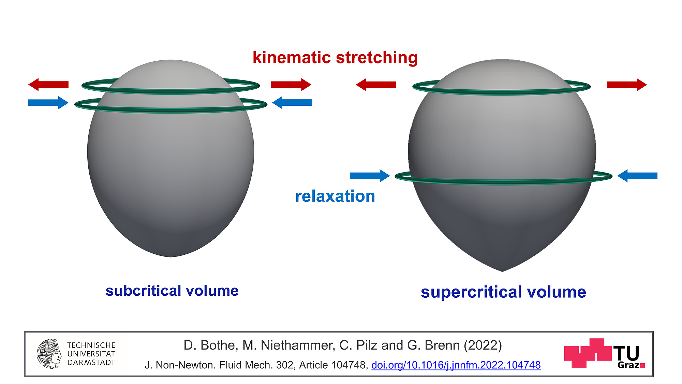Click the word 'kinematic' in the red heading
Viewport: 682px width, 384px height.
(292, 57)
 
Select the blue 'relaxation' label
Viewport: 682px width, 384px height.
(335, 196)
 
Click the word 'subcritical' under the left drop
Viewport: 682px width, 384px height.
(143, 291)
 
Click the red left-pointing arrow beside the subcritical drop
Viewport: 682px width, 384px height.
(48, 85)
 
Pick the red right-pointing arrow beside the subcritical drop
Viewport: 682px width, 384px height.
(291, 85)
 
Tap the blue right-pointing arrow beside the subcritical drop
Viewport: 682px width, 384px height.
(48, 103)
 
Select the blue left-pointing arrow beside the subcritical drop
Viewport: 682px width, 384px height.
(292, 103)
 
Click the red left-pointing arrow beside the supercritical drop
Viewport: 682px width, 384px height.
(376, 85)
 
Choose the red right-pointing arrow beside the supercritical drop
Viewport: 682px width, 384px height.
(627, 85)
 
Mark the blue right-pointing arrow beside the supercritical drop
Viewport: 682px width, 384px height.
(370, 176)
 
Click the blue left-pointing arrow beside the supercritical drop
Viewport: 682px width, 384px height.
(637, 176)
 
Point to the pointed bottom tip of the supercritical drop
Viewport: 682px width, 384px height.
(502, 271)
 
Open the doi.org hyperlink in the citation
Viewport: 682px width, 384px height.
(456, 365)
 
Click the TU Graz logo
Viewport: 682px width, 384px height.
(605, 354)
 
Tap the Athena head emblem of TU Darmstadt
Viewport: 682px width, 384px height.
(49, 354)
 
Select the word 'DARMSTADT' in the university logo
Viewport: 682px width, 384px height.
(91, 363)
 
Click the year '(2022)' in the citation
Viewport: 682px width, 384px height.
(483, 345)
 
